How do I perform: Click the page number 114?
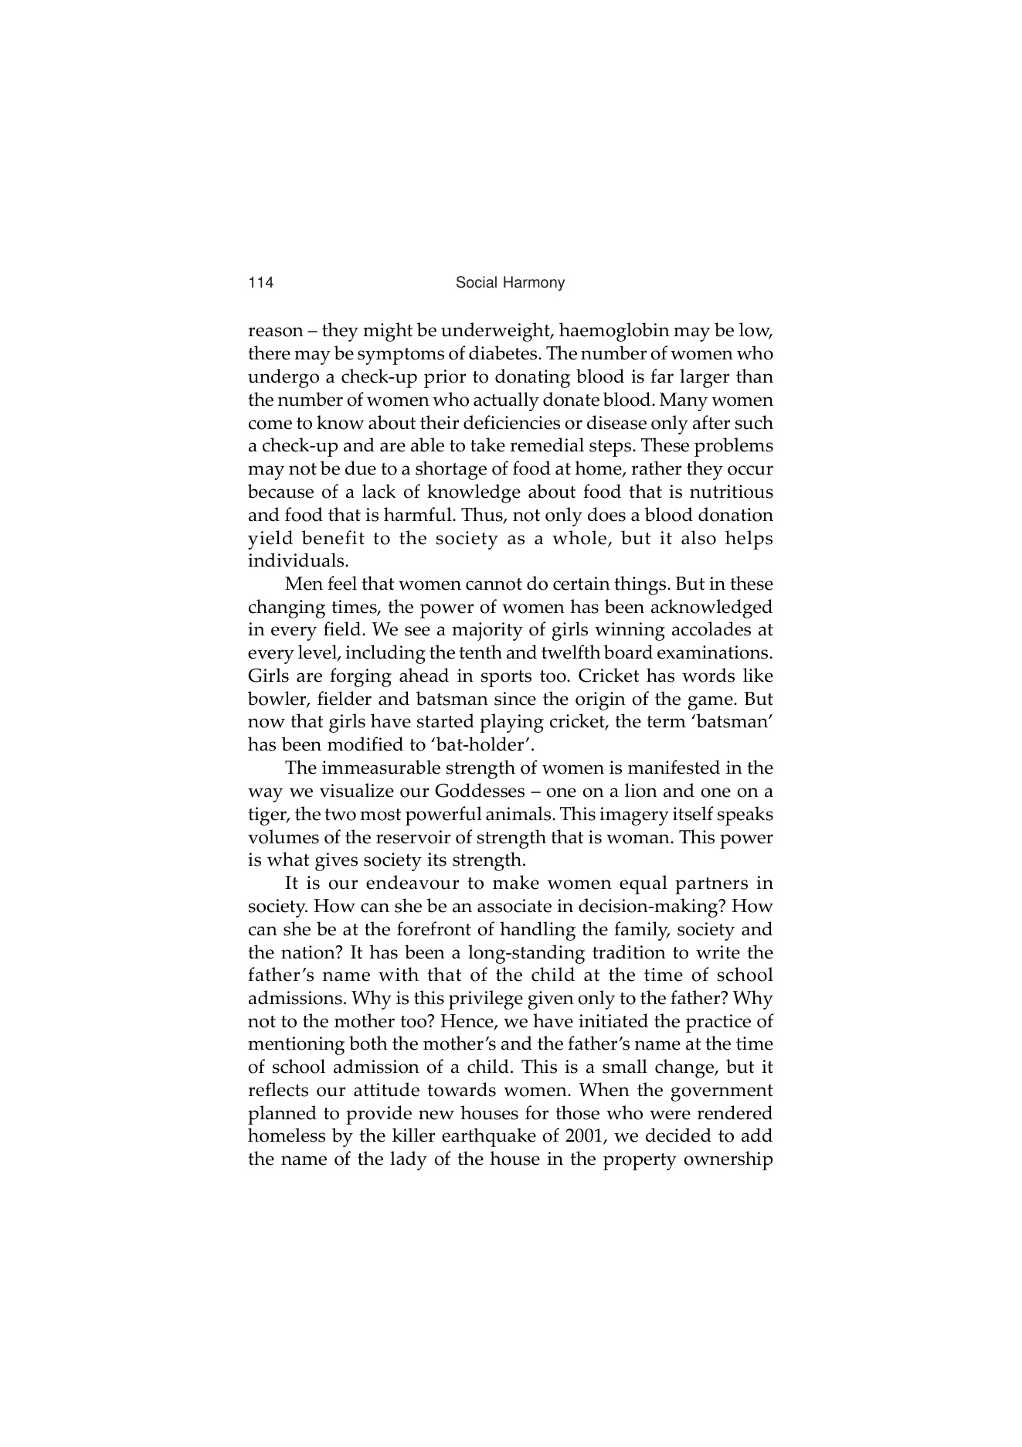tap(261, 283)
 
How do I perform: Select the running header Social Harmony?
tap(510, 283)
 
